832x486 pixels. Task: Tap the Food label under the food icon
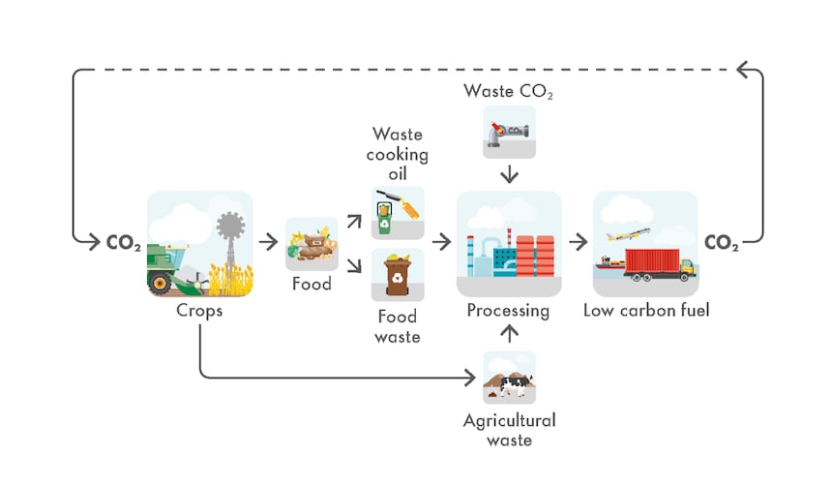click(x=312, y=285)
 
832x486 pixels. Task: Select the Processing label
click(x=508, y=311)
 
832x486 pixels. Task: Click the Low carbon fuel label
click(x=645, y=311)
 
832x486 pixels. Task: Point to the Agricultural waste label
click(x=510, y=430)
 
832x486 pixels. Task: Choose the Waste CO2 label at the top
click(x=510, y=92)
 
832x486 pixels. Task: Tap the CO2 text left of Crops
click(x=124, y=243)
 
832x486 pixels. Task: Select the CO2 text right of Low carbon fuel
click(x=722, y=243)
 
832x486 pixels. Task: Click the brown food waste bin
click(x=398, y=274)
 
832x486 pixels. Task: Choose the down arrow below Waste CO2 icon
click(x=510, y=174)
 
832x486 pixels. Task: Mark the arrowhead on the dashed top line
click(x=743, y=69)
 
